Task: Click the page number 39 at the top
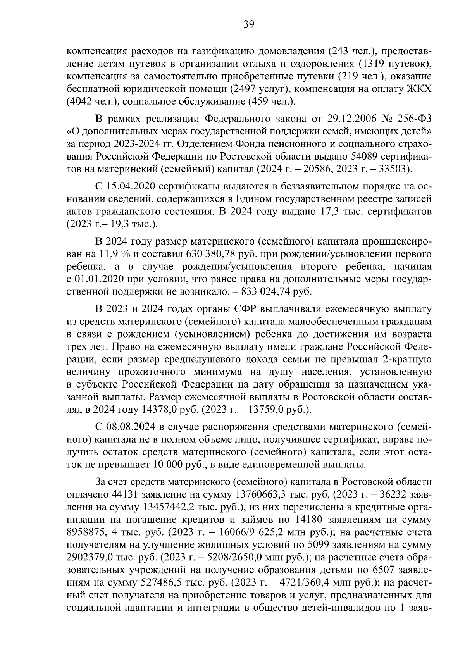point(249,25)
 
